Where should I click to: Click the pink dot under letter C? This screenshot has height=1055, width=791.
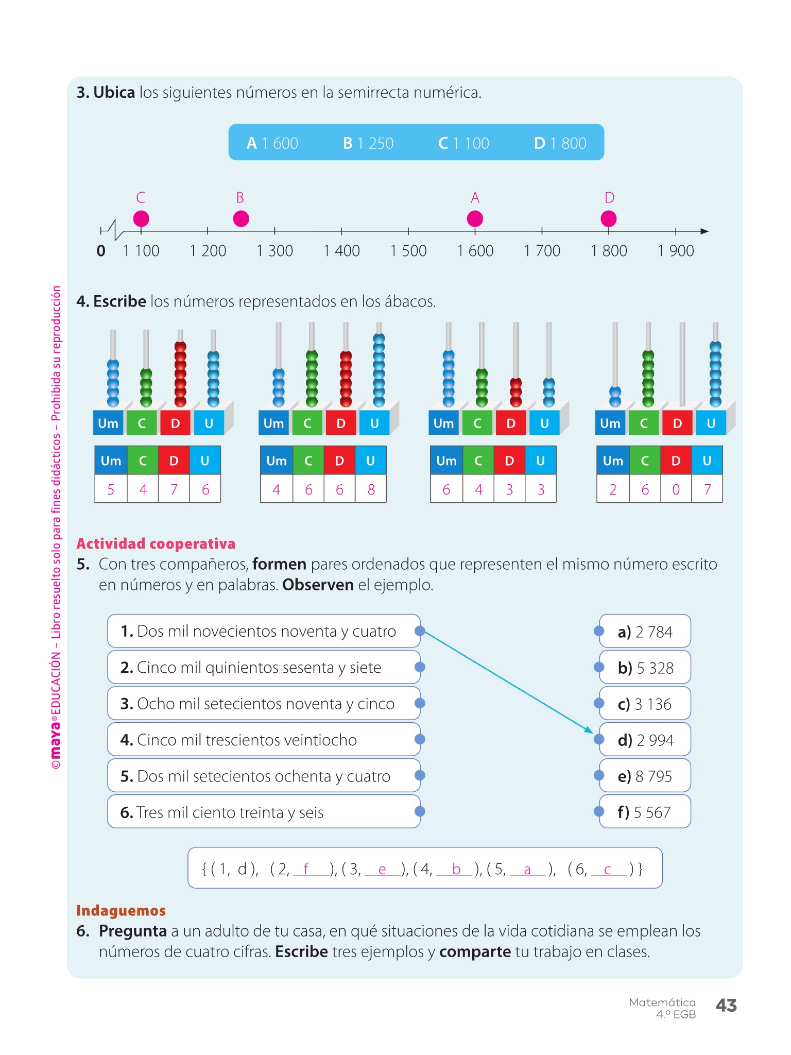pyautogui.click(x=141, y=219)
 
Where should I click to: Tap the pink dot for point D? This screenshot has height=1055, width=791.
pyautogui.click(x=609, y=219)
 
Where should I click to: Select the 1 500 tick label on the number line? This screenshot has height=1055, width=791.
pyautogui.click(x=408, y=251)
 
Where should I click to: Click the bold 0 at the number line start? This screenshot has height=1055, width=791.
pyautogui.click(x=101, y=251)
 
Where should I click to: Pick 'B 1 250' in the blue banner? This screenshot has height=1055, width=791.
pyautogui.click(x=368, y=143)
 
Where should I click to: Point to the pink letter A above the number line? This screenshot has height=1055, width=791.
pyautogui.click(x=475, y=198)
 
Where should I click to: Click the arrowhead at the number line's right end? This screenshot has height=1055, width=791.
pyautogui.click(x=704, y=231)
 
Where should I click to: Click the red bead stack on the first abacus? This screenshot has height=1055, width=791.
pyautogui.click(x=180, y=375)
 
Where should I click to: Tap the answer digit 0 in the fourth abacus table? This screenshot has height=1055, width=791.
pyautogui.click(x=676, y=489)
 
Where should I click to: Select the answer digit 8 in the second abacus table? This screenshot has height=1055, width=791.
pyautogui.click(x=371, y=489)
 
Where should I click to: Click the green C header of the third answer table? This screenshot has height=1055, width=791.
pyautogui.click(x=478, y=461)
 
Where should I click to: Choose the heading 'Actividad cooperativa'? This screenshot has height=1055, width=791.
pyautogui.click(x=156, y=543)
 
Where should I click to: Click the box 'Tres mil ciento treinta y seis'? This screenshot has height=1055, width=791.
pyautogui.click(x=263, y=812)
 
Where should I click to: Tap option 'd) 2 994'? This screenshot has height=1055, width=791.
pyautogui.click(x=645, y=740)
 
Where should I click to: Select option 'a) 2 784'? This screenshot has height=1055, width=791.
pyautogui.click(x=645, y=632)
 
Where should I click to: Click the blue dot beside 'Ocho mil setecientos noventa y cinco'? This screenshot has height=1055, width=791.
pyautogui.click(x=420, y=703)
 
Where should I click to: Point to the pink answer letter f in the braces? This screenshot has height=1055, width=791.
pyautogui.click(x=306, y=869)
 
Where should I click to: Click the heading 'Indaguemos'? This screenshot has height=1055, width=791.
pyautogui.click(x=121, y=911)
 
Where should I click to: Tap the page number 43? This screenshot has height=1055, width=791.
pyautogui.click(x=726, y=1005)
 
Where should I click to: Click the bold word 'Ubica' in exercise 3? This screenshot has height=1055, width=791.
pyautogui.click(x=114, y=93)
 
